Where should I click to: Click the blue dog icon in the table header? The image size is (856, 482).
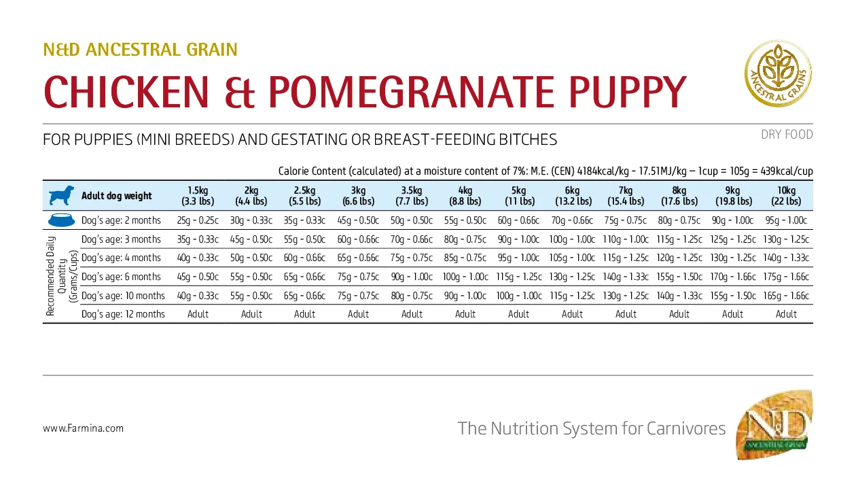pos(61,196)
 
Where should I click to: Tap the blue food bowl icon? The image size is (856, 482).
pos(61,220)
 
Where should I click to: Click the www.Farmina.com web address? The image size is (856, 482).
pos(83,428)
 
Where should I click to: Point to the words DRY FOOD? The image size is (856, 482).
pos(787,135)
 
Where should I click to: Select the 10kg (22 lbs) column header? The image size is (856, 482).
pos(787,196)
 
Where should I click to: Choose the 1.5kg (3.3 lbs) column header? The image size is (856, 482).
pos(198,196)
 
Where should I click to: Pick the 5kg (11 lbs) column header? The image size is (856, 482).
pos(518,196)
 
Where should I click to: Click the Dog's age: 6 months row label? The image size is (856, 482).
pos(121,277)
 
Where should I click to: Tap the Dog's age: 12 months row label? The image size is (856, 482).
pos(123,314)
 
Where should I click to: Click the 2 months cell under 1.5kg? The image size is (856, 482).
pos(198,220)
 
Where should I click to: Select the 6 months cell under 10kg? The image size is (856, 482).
pos(787,277)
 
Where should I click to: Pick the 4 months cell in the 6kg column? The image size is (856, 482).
pos(572,258)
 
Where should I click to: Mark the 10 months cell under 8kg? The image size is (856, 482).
pos(679,296)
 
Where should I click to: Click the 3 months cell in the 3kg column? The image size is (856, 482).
pos(358,239)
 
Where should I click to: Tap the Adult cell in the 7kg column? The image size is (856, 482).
pos(626,314)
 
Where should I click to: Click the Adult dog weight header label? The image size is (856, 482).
pos(117,196)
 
